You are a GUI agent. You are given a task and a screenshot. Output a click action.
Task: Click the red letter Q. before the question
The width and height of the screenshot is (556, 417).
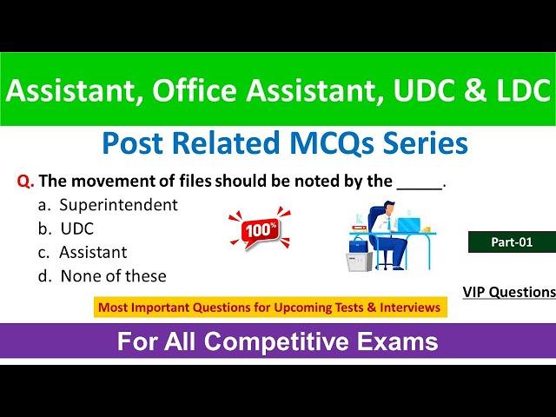click(25, 182)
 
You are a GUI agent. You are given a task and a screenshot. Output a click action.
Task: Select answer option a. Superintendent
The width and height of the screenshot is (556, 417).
click(108, 205)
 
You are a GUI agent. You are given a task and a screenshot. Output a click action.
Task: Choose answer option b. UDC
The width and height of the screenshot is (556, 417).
click(66, 228)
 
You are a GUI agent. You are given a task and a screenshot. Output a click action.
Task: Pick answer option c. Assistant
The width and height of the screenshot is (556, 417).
click(83, 253)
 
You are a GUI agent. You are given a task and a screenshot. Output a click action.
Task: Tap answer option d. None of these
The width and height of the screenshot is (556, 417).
click(103, 276)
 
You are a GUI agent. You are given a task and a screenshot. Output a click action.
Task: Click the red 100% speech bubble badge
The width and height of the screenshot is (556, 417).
click(260, 229)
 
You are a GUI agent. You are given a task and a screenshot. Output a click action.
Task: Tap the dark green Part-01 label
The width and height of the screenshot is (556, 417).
click(512, 242)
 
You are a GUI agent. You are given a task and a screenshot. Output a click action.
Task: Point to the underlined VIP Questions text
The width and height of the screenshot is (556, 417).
click(509, 292)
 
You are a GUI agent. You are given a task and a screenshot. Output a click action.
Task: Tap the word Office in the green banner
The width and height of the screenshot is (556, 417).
click(195, 89)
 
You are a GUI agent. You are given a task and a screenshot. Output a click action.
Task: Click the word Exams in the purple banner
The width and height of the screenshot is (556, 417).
click(398, 341)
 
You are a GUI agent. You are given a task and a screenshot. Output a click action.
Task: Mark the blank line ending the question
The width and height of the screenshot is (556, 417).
click(420, 189)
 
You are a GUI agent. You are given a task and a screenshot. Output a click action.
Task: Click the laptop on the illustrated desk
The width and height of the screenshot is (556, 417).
click(409, 225)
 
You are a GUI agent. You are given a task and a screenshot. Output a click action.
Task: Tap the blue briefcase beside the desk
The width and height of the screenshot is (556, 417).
click(358, 246)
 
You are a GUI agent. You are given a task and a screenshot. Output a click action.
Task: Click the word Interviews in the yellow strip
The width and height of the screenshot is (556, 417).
click(410, 307)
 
